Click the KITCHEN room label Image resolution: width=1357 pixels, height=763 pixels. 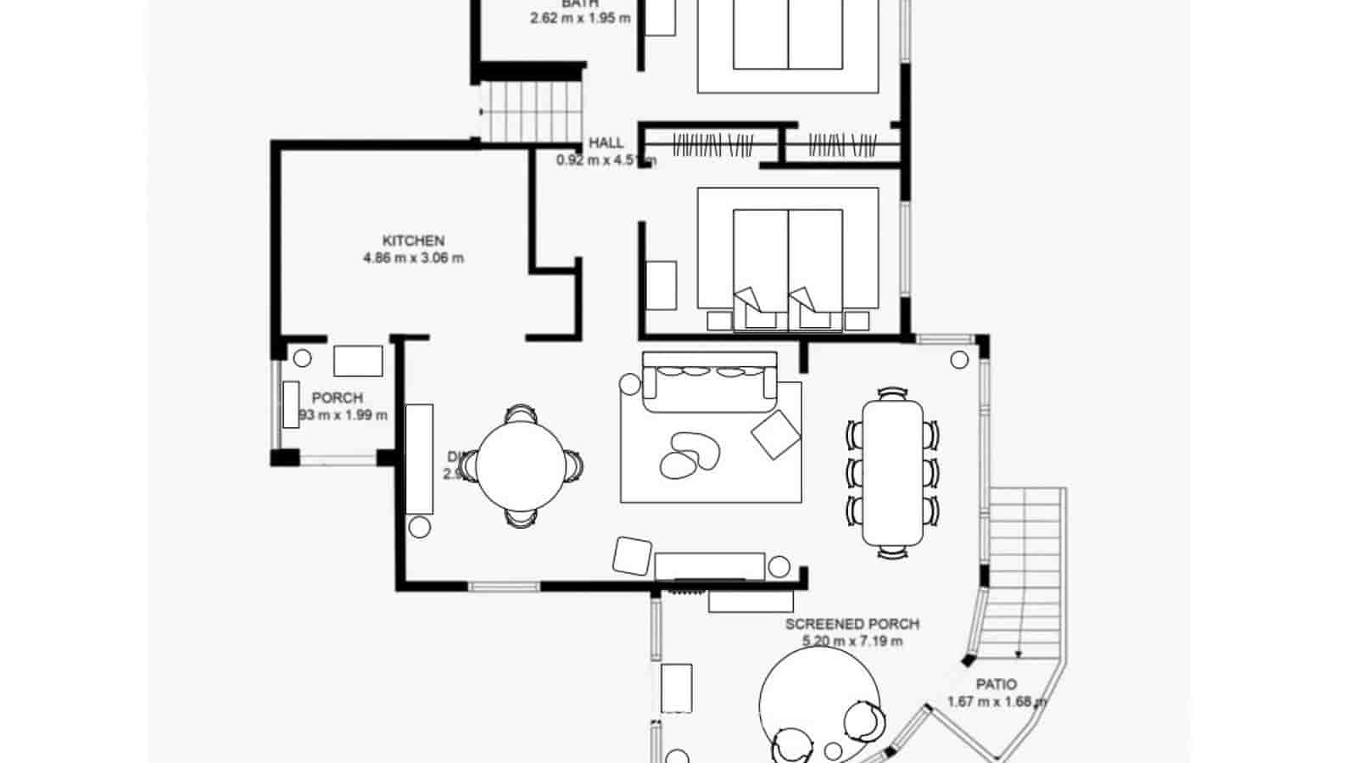[413, 241]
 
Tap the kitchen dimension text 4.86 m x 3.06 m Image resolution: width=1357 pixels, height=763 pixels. [413, 259]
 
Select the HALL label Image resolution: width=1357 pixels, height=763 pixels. [606, 142]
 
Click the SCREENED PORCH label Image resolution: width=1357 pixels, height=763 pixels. [852, 624]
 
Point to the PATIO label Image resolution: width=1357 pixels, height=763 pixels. [996, 684]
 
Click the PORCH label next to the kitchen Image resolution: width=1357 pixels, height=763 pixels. [337, 398]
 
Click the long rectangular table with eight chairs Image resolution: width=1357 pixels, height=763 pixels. [892, 472]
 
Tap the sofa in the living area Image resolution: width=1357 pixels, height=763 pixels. [709, 381]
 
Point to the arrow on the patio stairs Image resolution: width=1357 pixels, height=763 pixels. [1017, 653]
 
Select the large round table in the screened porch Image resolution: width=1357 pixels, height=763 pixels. [819, 700]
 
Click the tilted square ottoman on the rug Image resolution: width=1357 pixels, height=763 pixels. [775, 435]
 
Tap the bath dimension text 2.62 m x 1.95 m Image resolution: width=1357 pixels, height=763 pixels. [580, 17]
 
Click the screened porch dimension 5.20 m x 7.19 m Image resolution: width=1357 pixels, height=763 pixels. [852, 641]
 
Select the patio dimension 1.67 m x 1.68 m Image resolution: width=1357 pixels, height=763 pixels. [996, 702]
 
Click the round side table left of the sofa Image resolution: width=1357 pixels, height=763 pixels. [630, 384]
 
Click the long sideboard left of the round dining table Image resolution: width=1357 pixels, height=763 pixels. [419, 459]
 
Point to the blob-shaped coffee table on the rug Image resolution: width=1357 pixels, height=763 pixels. [689, 456]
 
